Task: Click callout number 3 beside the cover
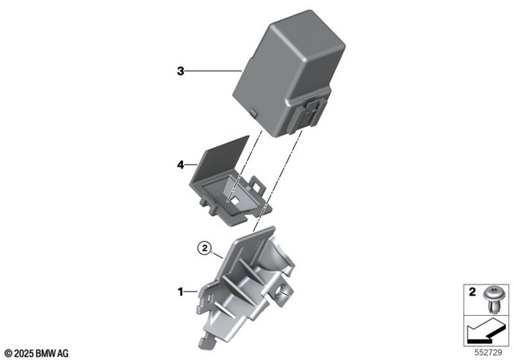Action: click(x=181, y=72)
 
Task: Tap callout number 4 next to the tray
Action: click(x=181, y=165)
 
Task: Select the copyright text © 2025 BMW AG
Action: click(x=37, y=353)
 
